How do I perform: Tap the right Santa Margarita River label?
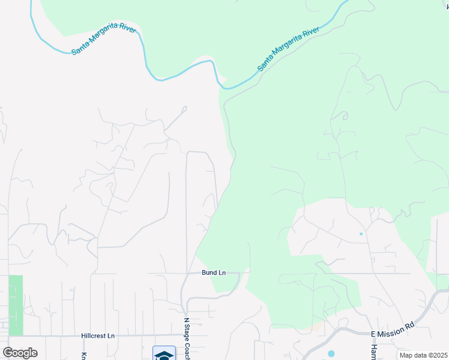pos(288,49)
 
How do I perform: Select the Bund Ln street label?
pos(214,273)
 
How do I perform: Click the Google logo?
pos(20,353)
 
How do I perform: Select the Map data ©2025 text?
pos(423,355)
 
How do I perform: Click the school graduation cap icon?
pos(163,354)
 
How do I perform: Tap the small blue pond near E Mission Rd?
pos(331,353)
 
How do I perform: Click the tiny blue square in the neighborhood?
pos(361,233)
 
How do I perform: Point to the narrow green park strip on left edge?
pos(16,305)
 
